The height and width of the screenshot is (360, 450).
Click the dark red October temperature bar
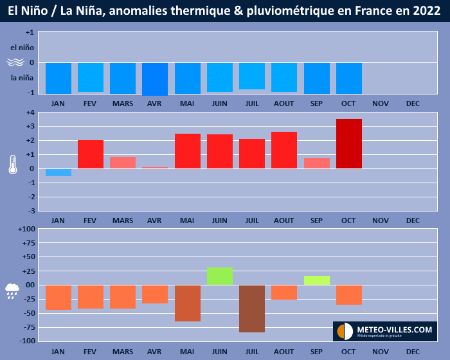(x=348, y=143)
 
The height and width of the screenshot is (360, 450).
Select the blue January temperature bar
(x=59, y=172)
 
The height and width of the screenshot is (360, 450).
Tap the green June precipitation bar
(x=220, y=276)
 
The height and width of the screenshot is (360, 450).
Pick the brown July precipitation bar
(x=252, y=309)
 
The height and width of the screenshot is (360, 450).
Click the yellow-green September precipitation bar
(x=316, y=280)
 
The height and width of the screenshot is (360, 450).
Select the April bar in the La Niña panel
(x=155, y=79)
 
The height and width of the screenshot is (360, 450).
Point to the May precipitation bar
(x=187, y=303)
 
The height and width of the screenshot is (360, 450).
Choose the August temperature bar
(x=284, y=150)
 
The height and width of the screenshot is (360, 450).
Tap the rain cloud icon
(x=13, y=291)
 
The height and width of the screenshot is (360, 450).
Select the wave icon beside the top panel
(x=15, y=63)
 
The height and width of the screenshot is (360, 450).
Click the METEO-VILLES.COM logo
(x=384, y=330)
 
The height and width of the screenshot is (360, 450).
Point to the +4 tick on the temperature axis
(x=30, y=113)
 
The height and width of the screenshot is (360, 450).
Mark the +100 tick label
(x=26, y=230)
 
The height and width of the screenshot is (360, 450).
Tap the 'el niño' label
(x=22, y=47)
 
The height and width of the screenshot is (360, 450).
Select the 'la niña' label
(x=22, y=78)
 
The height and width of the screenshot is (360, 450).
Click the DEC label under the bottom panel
(x=413, y=352)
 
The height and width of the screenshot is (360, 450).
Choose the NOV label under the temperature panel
(x=381, y=221)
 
